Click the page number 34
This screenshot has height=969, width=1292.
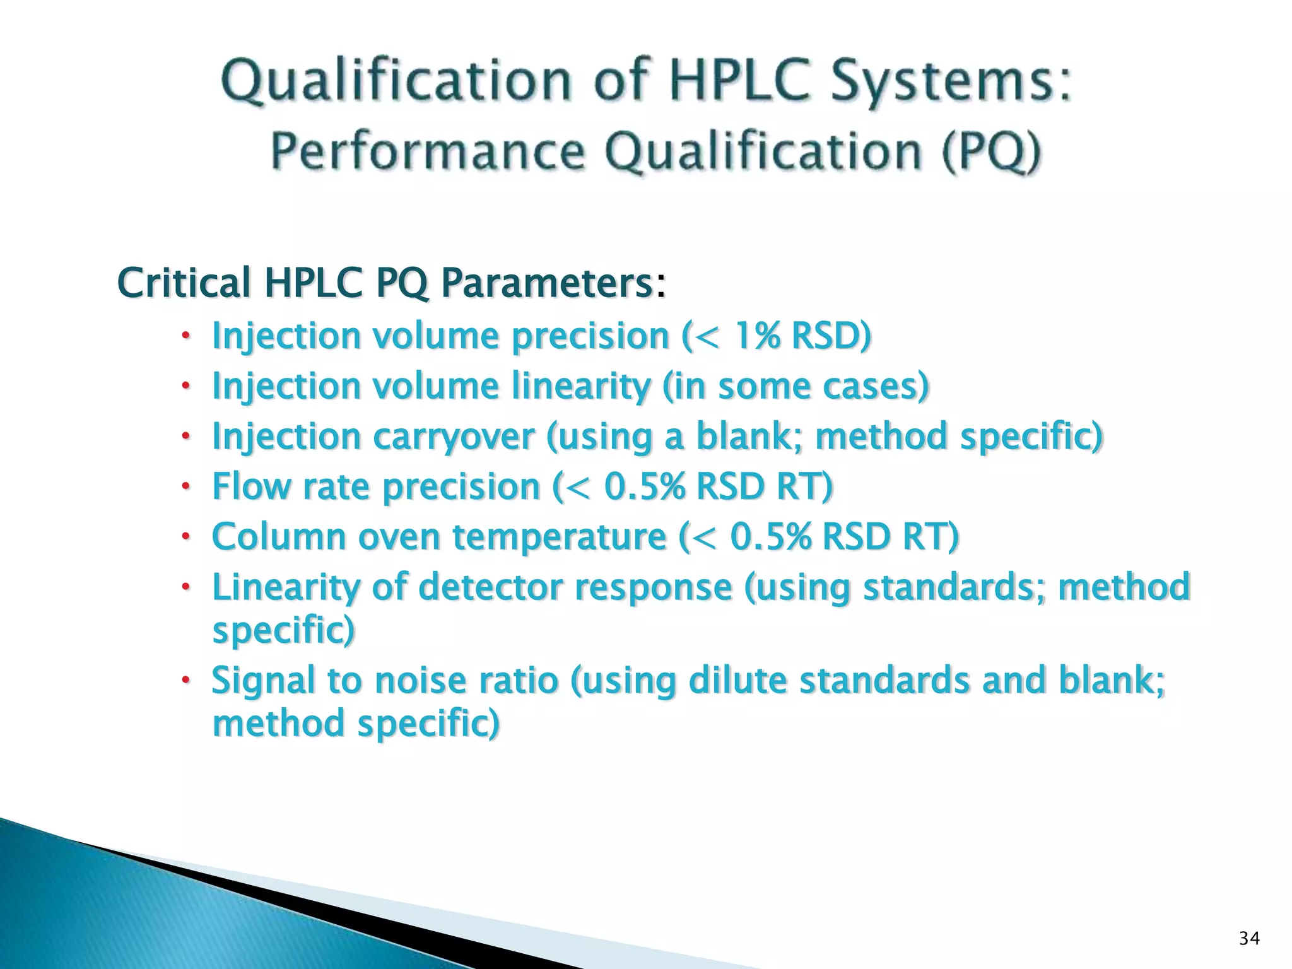1249,939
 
